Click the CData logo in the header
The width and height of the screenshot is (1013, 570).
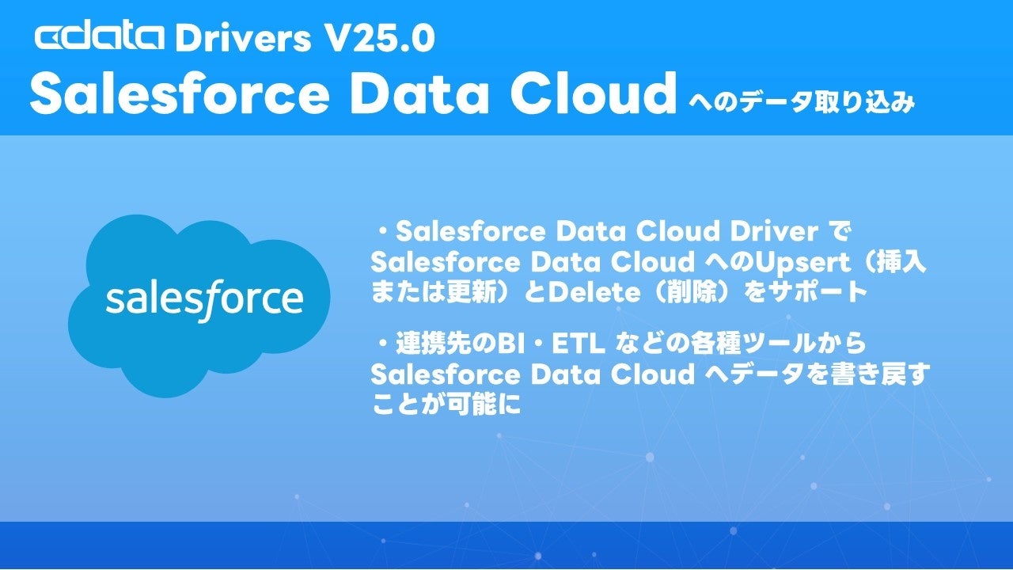(x=100, y=38)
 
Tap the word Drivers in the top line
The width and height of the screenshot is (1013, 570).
(x=243, y=39)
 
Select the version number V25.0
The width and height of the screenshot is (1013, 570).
(x=381, y=39)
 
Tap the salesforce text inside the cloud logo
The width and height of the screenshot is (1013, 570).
(x=204, y=299)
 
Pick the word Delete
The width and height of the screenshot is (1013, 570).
(x=594, y=293)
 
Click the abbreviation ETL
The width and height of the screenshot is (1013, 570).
(x=578, y=344)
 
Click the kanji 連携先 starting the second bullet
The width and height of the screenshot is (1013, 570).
(x=433, y=344)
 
